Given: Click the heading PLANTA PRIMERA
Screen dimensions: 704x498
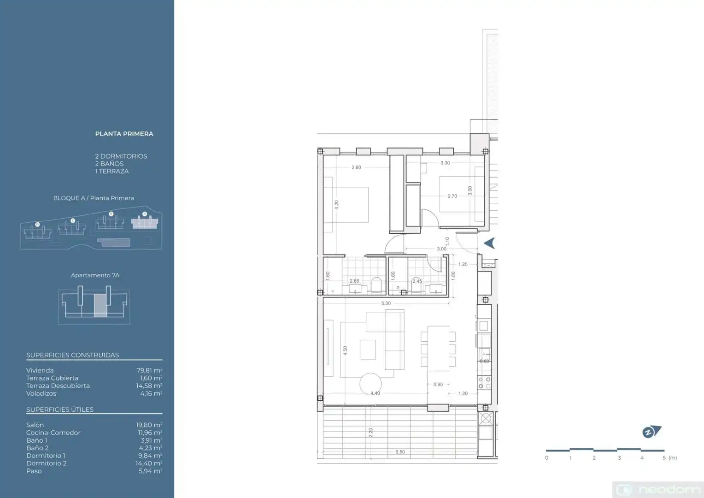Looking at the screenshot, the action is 124,134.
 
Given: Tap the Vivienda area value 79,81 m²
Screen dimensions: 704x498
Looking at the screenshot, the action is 149,370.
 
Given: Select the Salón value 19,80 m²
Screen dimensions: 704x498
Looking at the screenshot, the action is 149,425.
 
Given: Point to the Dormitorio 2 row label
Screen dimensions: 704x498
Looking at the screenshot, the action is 47,463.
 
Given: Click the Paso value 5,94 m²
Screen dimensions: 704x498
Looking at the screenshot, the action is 151,471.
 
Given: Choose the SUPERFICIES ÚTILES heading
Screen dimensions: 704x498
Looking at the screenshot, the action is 60,409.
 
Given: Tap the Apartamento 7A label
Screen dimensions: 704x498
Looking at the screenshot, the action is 95,275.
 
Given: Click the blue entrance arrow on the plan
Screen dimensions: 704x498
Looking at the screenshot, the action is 489,243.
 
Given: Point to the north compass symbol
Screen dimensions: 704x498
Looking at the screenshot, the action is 651,432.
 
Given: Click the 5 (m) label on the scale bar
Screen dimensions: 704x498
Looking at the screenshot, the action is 670,458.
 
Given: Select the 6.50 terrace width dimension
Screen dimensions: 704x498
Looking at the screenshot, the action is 400,452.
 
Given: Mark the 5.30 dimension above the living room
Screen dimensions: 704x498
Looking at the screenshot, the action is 386,303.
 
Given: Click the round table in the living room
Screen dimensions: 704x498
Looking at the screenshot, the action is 370,384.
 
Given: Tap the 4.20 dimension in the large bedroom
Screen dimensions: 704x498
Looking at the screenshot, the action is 337,205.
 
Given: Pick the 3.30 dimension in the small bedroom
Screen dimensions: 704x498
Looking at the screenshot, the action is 445,163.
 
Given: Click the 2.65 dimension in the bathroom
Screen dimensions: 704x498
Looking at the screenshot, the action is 354,281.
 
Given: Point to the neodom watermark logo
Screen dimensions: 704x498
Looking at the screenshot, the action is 658,490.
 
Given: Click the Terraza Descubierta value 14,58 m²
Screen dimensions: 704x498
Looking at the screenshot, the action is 149,385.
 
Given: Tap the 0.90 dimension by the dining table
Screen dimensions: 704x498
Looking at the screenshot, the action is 438,385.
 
